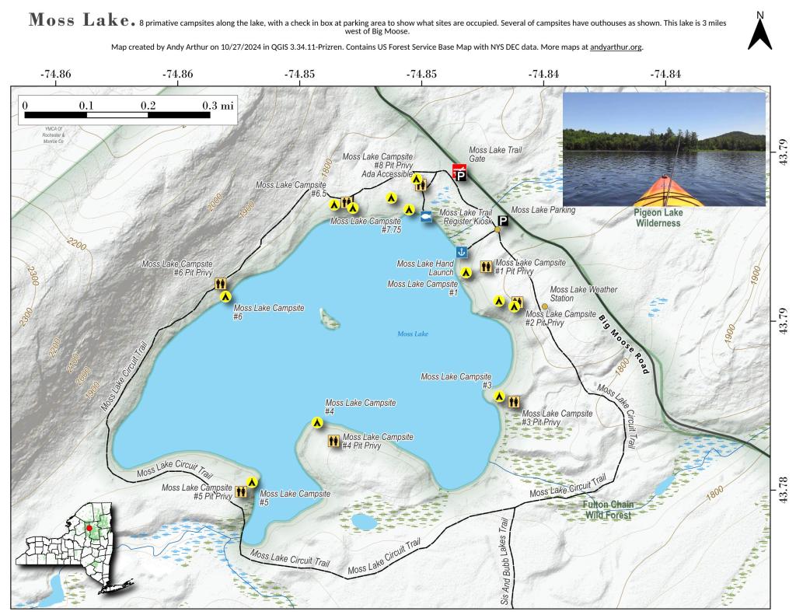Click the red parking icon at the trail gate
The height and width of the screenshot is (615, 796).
[x=459, y=173]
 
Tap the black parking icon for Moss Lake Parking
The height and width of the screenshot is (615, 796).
[x=502, y=222]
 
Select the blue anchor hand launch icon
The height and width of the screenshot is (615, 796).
[x=461, y=252]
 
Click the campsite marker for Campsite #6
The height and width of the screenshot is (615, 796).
[x=225, y=295]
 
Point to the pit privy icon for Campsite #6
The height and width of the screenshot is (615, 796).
[x=221, y=284]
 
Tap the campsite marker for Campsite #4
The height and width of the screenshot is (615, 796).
[x=317, y=422]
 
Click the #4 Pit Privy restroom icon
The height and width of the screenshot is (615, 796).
[x=333, y=441]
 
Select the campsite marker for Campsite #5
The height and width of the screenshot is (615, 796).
[x=251, y=482]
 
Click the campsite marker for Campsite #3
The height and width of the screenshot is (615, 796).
[x=499, y=396]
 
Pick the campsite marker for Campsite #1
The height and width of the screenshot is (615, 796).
[x=466, y=272]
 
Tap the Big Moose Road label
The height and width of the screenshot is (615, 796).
[x=623, y=344]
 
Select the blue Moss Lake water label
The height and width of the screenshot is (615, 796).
[x=413, y=334]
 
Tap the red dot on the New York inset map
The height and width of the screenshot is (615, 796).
[x=89, y=528]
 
